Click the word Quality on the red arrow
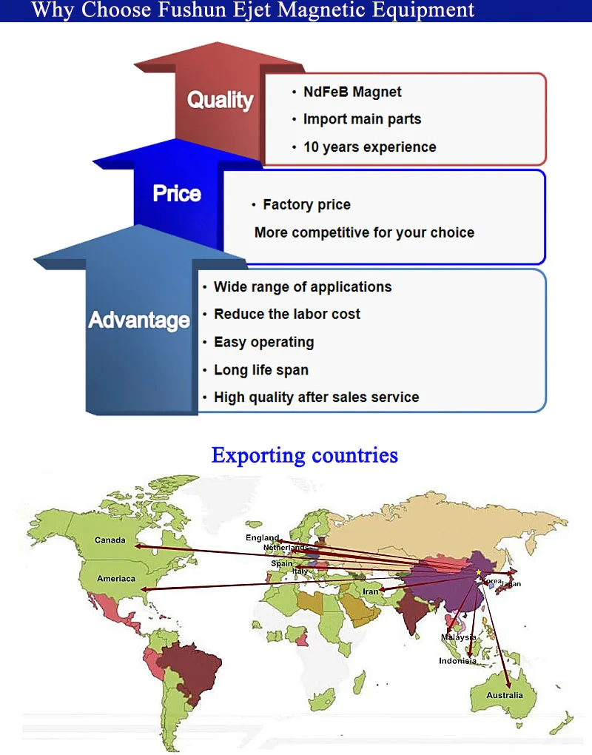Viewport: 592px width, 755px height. pyautogui.click(x=220, y=100)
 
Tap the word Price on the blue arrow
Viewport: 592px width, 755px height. pyautogui.click(x=177, y=194)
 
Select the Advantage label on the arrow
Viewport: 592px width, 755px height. pyautogui.click(x=139, y=321)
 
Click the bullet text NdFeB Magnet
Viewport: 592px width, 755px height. pyautogui.click(x=352, y=92)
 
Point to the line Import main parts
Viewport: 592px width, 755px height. pyautogui.click(x=362, y=119)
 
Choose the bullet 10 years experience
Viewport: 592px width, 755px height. pyautogui.click(x=369, y=147)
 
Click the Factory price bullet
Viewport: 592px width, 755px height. pyautogui.click(x=306, y=205)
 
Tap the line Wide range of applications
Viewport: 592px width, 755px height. pyautogui.click(x=303, y=287)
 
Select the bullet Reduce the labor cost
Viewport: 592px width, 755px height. pyautogui.click(x=287, y=315)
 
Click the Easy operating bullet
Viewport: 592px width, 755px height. pyautogui.click(x=263, y=342)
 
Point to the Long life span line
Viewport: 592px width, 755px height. pyautogui.click(x=260, y=370)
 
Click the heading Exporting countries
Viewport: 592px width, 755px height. pyautogui.click(x=304, y=454)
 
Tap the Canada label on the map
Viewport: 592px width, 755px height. pyautogui.click(x=110, y=540)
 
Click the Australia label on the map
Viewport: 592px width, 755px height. pyautogui.click(x=505, y=695)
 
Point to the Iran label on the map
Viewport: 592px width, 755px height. pyautogui.click(x=370, y=591)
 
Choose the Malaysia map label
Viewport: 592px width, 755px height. pyautogui.click(x=459, y=637)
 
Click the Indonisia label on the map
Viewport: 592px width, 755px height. pyautogui.click(x=457, y=661)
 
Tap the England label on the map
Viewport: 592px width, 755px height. pyautogui.click(x=263, y=537)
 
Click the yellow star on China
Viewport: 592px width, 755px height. pyautogui.click(x=479, y=573)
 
